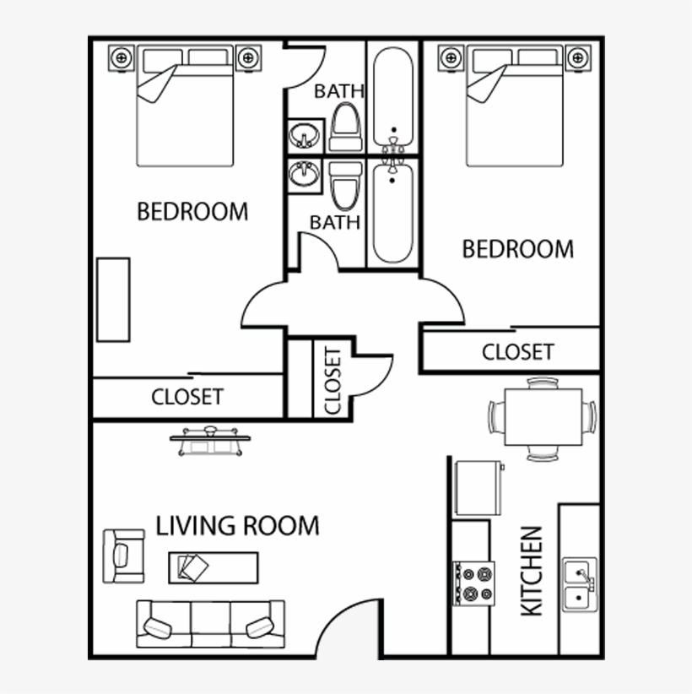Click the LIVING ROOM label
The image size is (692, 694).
click(x=237, y=525)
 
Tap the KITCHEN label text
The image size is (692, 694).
click(x=532, y=572)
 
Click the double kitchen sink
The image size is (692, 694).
click(x=579, y=585)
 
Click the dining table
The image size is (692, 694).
click(x=543, y=417)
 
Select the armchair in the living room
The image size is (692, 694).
click(x=123, y=556)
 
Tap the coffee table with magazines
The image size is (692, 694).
click(x=214, y=566)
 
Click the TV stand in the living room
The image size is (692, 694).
click(x=207, y=439)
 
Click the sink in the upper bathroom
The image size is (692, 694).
click(x=304, y=135)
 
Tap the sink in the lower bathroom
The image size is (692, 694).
click(x=304, y=175)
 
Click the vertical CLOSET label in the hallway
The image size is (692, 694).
click(x=332, y=380)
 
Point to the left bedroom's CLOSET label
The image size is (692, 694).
click(x=187, y=396)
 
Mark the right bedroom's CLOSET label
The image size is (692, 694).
click(x=517, y=351)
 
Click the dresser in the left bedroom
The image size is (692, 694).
click(x=112, y=300)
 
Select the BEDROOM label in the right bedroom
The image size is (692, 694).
click(x=518, y=249)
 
